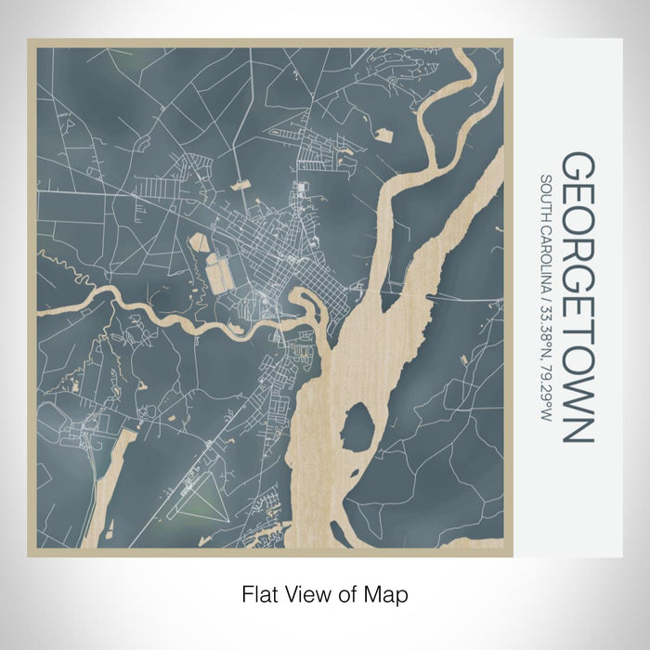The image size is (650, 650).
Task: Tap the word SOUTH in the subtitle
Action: [x=547, y=196]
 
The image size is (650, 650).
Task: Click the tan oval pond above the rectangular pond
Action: [x=199, y=243]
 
